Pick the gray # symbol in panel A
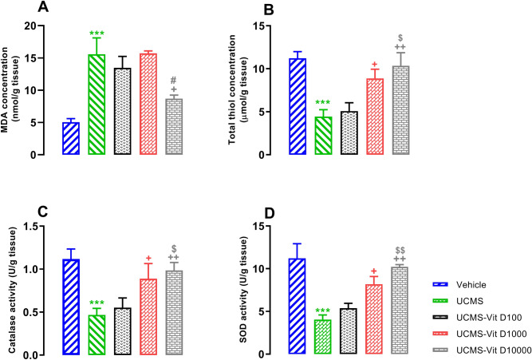[x=174, y=81]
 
